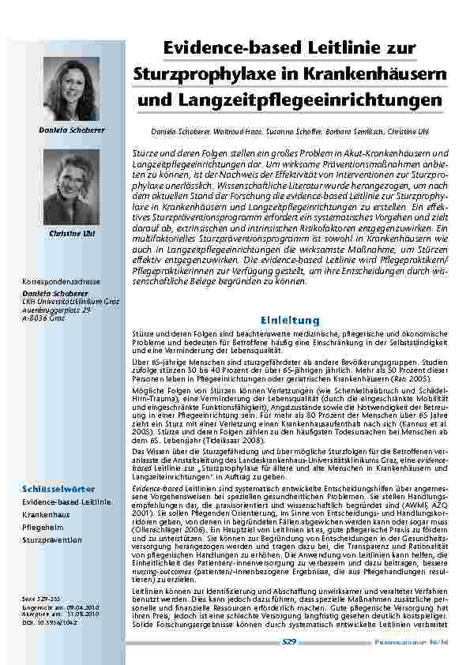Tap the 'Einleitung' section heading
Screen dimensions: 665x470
[291, 320]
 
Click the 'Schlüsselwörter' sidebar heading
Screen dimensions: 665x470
[55, 490]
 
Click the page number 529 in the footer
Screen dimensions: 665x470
[289, 643]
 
